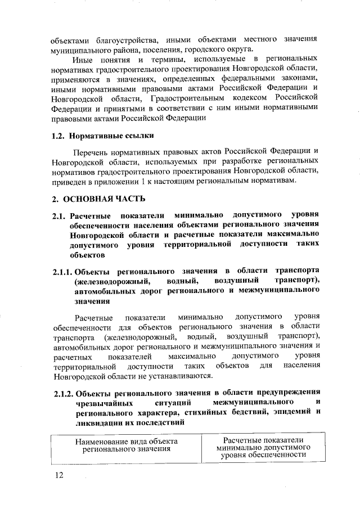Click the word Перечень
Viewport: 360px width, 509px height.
[92, 152]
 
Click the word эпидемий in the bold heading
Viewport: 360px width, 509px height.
[289, 412]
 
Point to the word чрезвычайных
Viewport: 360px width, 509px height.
[103, 402]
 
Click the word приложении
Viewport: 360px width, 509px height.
[112, 181]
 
